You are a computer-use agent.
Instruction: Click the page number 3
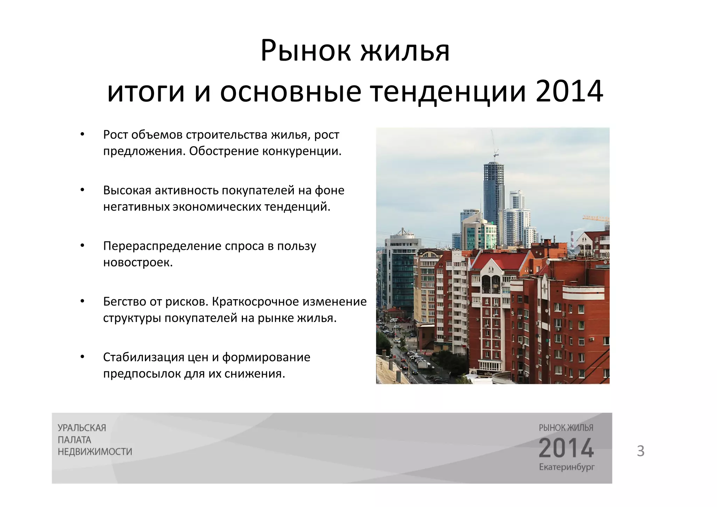[640, 451]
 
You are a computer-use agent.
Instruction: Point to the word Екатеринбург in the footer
[566, 467]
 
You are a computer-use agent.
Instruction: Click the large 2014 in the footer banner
[566, 448]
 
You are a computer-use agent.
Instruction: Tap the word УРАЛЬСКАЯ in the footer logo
[82, 428]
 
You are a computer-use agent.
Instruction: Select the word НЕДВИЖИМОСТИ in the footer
[95, 452]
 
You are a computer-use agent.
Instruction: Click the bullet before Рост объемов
[82, 135]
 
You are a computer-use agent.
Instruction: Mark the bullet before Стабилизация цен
[82, 357]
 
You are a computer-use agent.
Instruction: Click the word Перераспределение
[162, 246]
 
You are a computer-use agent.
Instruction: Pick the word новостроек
[138, 262]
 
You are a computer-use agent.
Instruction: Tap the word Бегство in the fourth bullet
[124, 302]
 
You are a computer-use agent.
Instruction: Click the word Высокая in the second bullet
[127, 190]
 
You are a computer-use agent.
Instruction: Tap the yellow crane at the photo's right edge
[596, 219]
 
